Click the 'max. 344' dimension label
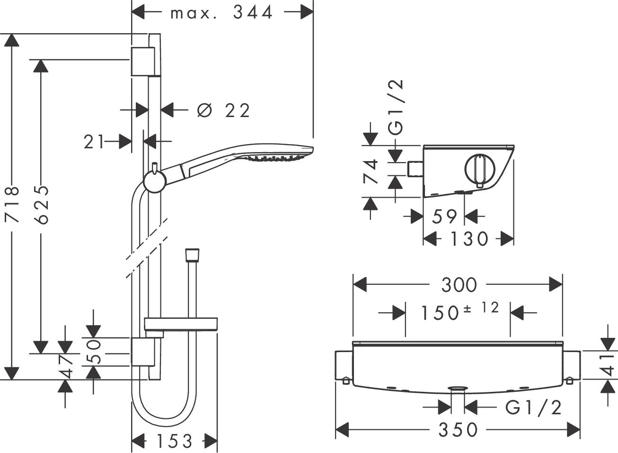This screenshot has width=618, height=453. tap(221, 12)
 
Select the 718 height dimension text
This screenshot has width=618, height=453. tap(11, 205)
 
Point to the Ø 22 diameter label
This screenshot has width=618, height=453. tap(223, 110)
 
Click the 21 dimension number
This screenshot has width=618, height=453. tap(94, 141)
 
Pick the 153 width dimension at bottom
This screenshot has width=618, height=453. tap(174, 441)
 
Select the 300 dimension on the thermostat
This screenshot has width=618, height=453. tap(459, 285)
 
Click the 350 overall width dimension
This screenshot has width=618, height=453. tap(458, 430)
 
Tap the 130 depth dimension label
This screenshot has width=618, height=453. tap(468, 239)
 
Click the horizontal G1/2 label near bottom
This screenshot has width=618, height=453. tap(533, 407)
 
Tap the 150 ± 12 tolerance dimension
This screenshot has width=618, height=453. tap(459, 311)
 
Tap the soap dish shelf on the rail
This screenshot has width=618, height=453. tap(180, 325)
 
